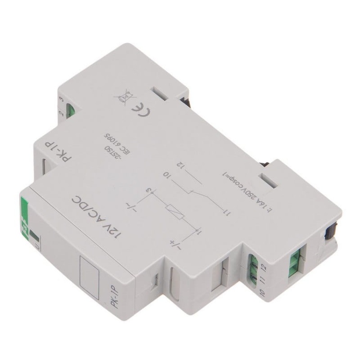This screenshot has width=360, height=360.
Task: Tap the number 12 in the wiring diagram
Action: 180,166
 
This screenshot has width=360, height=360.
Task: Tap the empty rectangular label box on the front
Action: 88,267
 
